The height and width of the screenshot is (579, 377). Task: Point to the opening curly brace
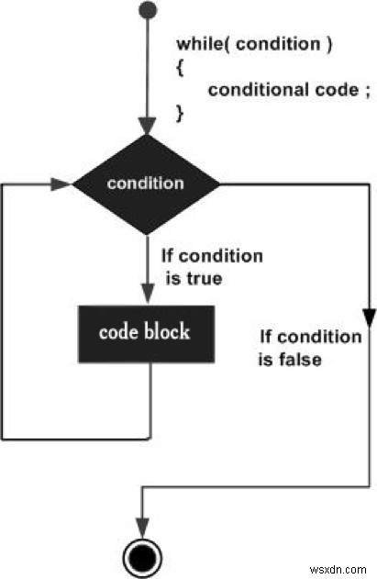pos(180,67)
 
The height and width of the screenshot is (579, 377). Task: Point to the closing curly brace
pos(180,110)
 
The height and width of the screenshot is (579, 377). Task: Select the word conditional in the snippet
pos(245,89)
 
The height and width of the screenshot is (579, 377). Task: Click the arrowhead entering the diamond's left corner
pos(62,184)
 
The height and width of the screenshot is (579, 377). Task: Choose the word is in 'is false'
pos(265,359)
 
